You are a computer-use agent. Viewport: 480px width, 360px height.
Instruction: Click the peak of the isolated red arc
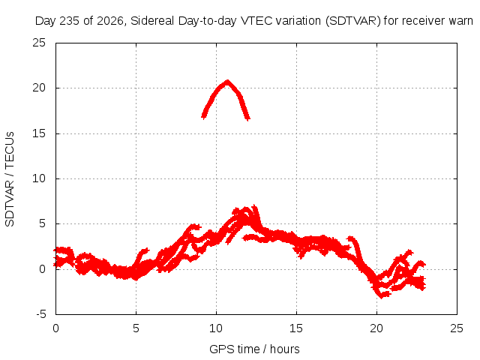227,82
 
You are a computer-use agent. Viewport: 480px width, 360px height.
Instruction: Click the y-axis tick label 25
39,43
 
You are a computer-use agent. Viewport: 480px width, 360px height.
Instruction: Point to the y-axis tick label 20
39,88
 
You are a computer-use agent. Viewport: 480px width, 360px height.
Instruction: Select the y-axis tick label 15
39,133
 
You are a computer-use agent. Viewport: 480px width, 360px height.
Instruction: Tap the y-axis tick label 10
39,178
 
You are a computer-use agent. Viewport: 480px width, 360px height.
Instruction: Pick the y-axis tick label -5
40,314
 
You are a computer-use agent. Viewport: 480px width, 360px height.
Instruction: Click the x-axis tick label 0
55,328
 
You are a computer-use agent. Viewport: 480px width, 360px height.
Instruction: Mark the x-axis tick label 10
216,328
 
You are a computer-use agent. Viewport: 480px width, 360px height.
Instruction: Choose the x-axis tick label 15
296,328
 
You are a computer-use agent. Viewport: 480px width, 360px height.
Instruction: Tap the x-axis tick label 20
376,328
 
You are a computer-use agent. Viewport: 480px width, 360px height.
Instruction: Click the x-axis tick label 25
457,328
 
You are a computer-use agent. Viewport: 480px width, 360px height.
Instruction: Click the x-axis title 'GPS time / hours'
254,349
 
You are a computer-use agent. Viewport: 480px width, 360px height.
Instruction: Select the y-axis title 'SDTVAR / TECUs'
10,179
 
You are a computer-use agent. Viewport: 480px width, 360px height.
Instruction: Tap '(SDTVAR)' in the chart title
353,21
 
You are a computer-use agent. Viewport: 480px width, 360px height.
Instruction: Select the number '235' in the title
70,21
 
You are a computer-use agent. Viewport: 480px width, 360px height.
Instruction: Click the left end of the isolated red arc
202,117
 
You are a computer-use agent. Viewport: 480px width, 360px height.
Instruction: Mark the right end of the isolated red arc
249,118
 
